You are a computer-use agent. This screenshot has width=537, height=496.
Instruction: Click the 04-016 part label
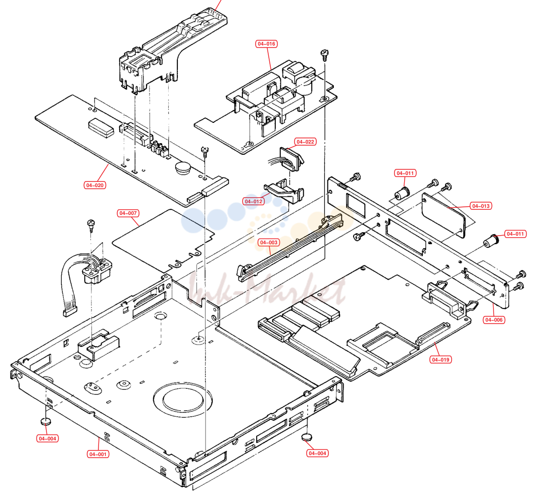[x=266, y=44]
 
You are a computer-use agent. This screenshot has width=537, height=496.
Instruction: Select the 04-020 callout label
[x=95, y=185]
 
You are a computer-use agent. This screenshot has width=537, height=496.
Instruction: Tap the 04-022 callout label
[x=305, y=142]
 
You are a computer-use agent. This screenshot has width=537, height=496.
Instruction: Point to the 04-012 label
[x=254, y=202]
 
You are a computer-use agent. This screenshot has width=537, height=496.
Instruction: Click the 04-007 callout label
[x=128, y=213]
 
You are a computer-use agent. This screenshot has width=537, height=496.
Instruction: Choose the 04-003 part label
[x=269, y=242]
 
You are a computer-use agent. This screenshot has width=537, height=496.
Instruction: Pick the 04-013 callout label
[x=481, y=206]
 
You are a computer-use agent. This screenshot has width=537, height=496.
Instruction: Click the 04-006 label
[x=494, y=320]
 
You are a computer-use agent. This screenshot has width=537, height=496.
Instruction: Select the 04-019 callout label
[x=441, y=359]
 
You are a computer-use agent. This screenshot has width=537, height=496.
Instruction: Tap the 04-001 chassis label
[x=98, y=454]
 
